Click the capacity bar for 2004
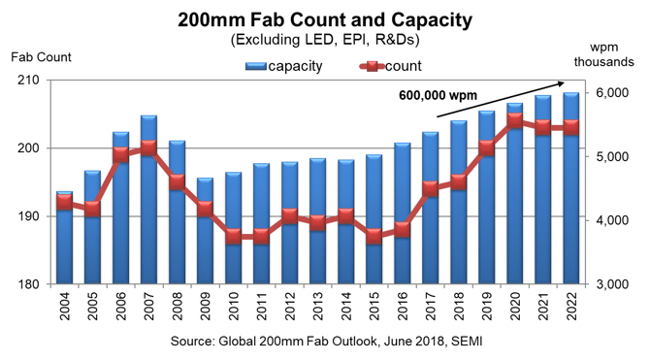(x=64, y=243)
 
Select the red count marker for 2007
(x=148, y=148)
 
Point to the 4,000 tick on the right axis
(x=613, y=220)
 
